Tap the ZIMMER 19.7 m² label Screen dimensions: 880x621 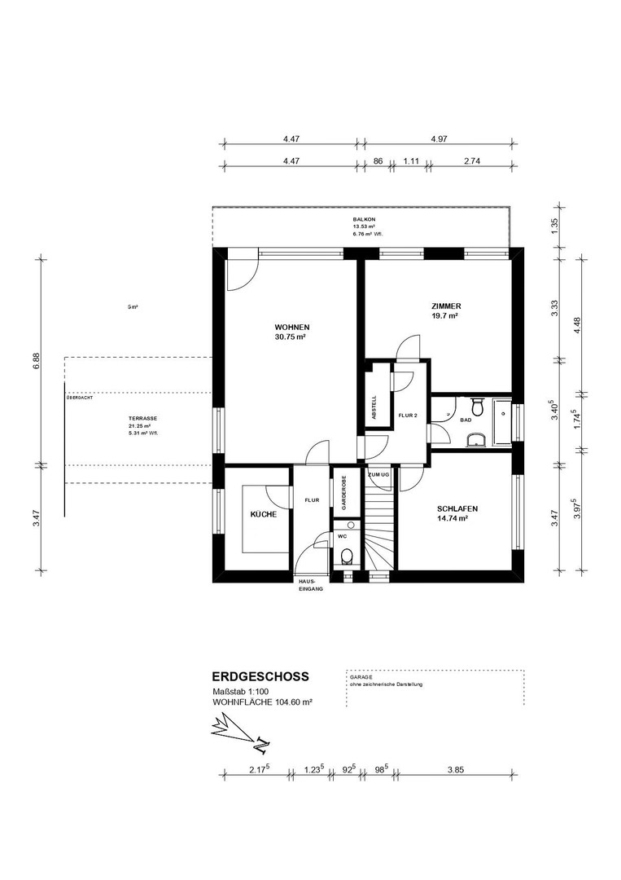pyautogui.click(x=446, y=306)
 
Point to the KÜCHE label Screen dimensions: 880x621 pyautogui.click(x=263, y=515)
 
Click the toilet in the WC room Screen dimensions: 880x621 pyautogui.click(x=348, y=557)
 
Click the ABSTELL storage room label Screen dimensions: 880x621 pyautogui.click(x=374, y=405)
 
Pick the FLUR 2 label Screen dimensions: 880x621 pyautogui.click(x=407, y=415)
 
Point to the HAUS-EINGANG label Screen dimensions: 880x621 pyautogui.click(x=308, y=584)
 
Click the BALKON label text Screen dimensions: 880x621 pyautogui.click(x=363, y=220)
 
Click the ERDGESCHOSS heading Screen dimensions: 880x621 pyautogui.click(x=260, y=676)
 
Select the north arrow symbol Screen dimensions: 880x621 pyautogui.click(x=240, y=729)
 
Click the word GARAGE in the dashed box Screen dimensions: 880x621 pyautogui.click(x=361, y=677)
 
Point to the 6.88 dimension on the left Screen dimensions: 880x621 pyautogui.click(x=36, y=361)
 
